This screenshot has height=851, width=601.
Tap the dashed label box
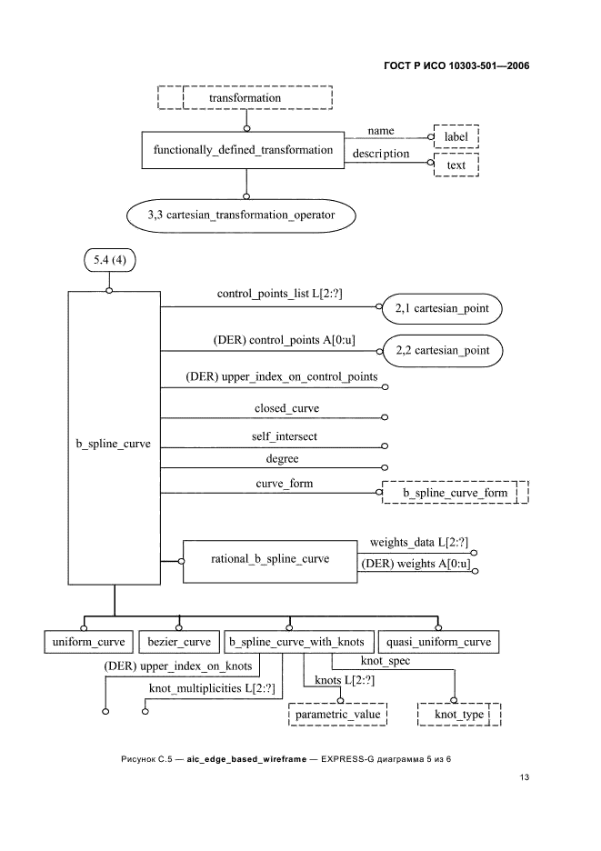tap(456, 136)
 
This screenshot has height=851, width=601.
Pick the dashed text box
tap(456, 165)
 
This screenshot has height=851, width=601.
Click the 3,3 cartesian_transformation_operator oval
tap(240, 215)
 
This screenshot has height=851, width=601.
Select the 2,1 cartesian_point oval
tap(442, 309)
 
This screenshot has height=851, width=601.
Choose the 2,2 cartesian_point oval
tap(442, 350)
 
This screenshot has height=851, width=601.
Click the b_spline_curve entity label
tap(113, 446)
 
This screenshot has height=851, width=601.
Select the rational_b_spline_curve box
tap(269, 558)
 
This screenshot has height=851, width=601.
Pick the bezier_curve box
tap(178, 642)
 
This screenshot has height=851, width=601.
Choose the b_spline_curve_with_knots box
tap(295, 642)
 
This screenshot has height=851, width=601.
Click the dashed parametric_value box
tap(338, 715)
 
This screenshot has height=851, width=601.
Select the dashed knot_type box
tap(458, 715)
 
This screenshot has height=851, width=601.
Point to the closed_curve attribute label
tap(286, 408)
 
